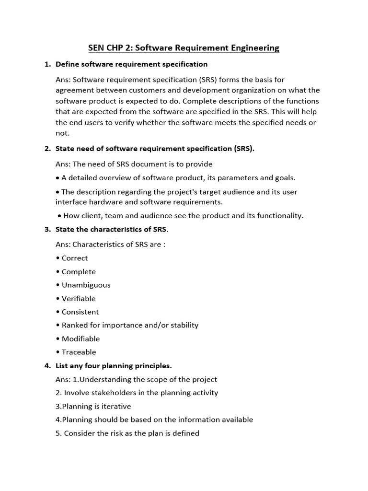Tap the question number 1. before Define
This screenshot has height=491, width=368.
tap(47, 64)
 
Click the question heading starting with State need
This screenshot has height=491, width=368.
tap(155, 149)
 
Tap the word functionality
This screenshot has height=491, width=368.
tap(279, 216)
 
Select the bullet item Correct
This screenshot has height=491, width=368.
tap(74, 258)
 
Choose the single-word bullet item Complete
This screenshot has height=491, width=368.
tap(78, 271)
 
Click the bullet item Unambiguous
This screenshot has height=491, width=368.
tap(86, 285)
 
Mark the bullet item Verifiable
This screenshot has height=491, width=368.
tap(78, 298)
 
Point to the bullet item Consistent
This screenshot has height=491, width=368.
tap(80, 312)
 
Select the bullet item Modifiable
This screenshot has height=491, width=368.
tap(80, 339)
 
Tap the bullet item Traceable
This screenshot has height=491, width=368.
tap(79, 352)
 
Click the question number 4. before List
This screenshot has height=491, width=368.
tap(47, 366)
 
